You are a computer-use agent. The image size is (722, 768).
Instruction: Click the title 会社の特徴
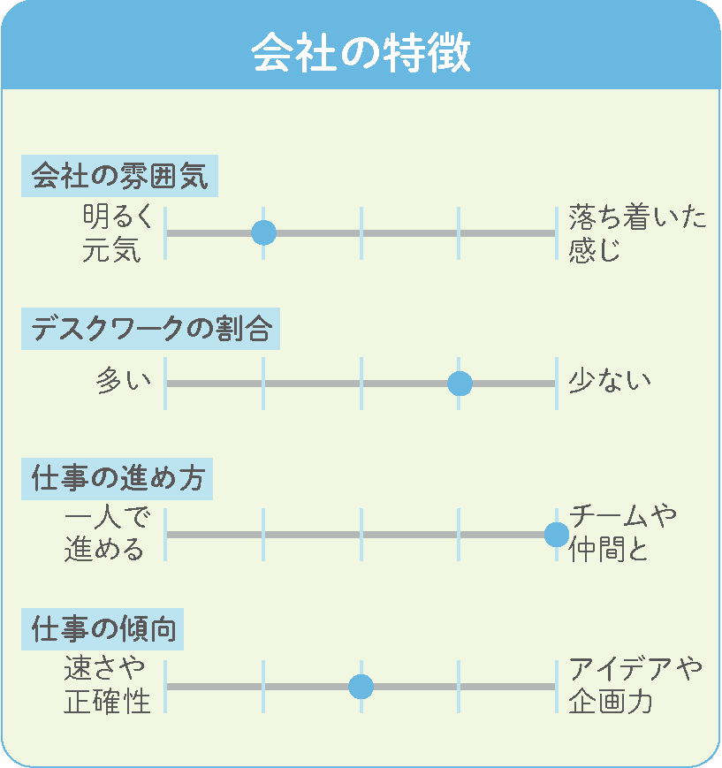(361, 52)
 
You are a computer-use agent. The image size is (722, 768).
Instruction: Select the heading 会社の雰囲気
(119, 176)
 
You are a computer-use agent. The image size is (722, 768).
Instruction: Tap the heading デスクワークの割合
(151, 329)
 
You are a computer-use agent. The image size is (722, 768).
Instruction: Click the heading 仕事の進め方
(118, 478)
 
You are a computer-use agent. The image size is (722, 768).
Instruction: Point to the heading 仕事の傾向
(103, 629)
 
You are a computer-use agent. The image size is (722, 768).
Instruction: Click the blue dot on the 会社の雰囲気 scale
(263, 232)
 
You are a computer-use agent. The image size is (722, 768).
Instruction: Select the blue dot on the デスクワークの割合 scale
(460, 384)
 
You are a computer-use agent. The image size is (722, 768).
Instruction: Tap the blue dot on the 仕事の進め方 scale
(557, 535)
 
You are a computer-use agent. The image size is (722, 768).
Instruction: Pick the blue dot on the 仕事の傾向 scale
(361, 686)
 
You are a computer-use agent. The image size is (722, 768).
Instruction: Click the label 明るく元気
(118, 233)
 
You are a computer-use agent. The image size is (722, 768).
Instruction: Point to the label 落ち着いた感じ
(637, 233)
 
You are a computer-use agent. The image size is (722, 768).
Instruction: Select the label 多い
(124, 380)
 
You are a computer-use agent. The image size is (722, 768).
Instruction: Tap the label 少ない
(610, 380)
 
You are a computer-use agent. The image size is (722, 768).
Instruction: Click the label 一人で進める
(107, 534)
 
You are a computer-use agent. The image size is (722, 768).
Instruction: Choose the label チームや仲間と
(622, 534)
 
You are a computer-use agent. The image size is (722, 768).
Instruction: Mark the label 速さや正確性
(107, 685)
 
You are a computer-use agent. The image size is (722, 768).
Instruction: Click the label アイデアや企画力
(635, 685)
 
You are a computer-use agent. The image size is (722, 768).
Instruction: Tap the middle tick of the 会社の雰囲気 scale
(361, 233)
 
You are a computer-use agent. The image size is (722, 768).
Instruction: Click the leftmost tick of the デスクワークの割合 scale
(165, 384)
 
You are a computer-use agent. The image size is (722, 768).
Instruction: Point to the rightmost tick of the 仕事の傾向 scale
(557, 686)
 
